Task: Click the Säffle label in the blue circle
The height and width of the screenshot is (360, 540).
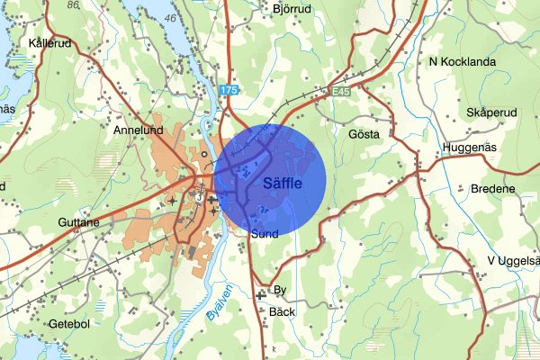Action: tap(283, 184)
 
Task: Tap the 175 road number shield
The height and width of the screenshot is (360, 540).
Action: tap(229, 90)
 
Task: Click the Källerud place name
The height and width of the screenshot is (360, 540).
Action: tap(49, 42)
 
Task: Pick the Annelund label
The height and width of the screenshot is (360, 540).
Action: tap(135, 130)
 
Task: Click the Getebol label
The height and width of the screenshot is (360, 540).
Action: tap(70, 324)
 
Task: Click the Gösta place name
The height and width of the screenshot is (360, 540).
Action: tap(364, 133)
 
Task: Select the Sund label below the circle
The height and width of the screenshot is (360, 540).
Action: tap(265, 234)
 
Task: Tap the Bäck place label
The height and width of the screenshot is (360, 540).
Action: tap(283, 311)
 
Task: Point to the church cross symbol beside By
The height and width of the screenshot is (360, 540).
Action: tap(261, 294)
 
